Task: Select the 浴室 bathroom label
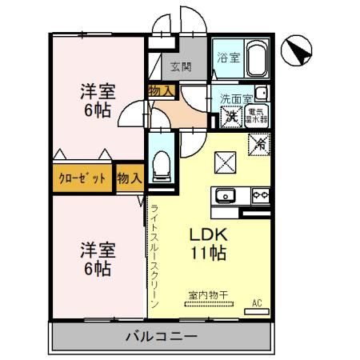[x=227, y=57]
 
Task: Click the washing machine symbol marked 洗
[x=230, y=115]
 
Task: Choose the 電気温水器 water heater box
[x=257, y=115]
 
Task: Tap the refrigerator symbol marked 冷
[x=258, y=145]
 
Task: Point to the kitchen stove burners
[x=260, y=194]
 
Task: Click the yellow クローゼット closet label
[x=83, y=178]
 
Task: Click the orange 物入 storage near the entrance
[x=161, y=91]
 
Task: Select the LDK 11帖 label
[x=209, y=244]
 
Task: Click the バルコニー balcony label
[x=160, y=335]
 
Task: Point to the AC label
[x=257, y=302]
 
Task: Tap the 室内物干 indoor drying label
[x=208, y=295]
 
